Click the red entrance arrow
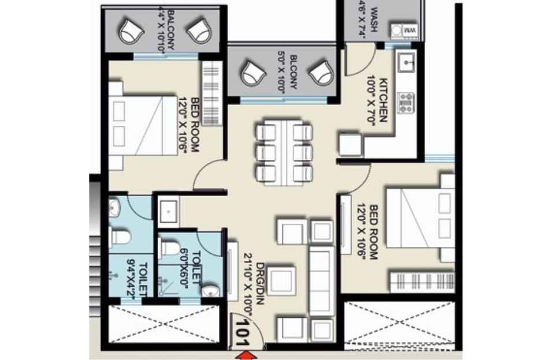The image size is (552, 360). point(248,355)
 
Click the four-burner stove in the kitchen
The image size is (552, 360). point(406,102)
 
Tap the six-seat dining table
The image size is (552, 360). point(284,152)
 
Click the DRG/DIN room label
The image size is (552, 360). point(255,283)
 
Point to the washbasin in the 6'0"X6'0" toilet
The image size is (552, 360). point(212,289)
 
